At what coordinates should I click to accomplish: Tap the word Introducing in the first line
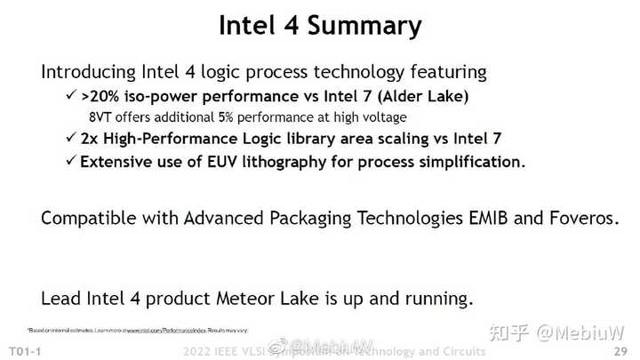[x=90, y=72]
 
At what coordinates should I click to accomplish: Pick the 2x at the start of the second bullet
[x=90, y=140]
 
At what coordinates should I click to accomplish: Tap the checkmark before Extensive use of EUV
[x=68, y=162]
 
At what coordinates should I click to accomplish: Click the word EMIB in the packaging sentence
[x=463, y=218]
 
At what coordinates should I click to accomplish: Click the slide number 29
[x=620, y=349]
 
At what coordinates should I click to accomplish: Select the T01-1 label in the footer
[x=24, y=349]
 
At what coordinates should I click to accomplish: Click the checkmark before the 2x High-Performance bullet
[x=68, y=140]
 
